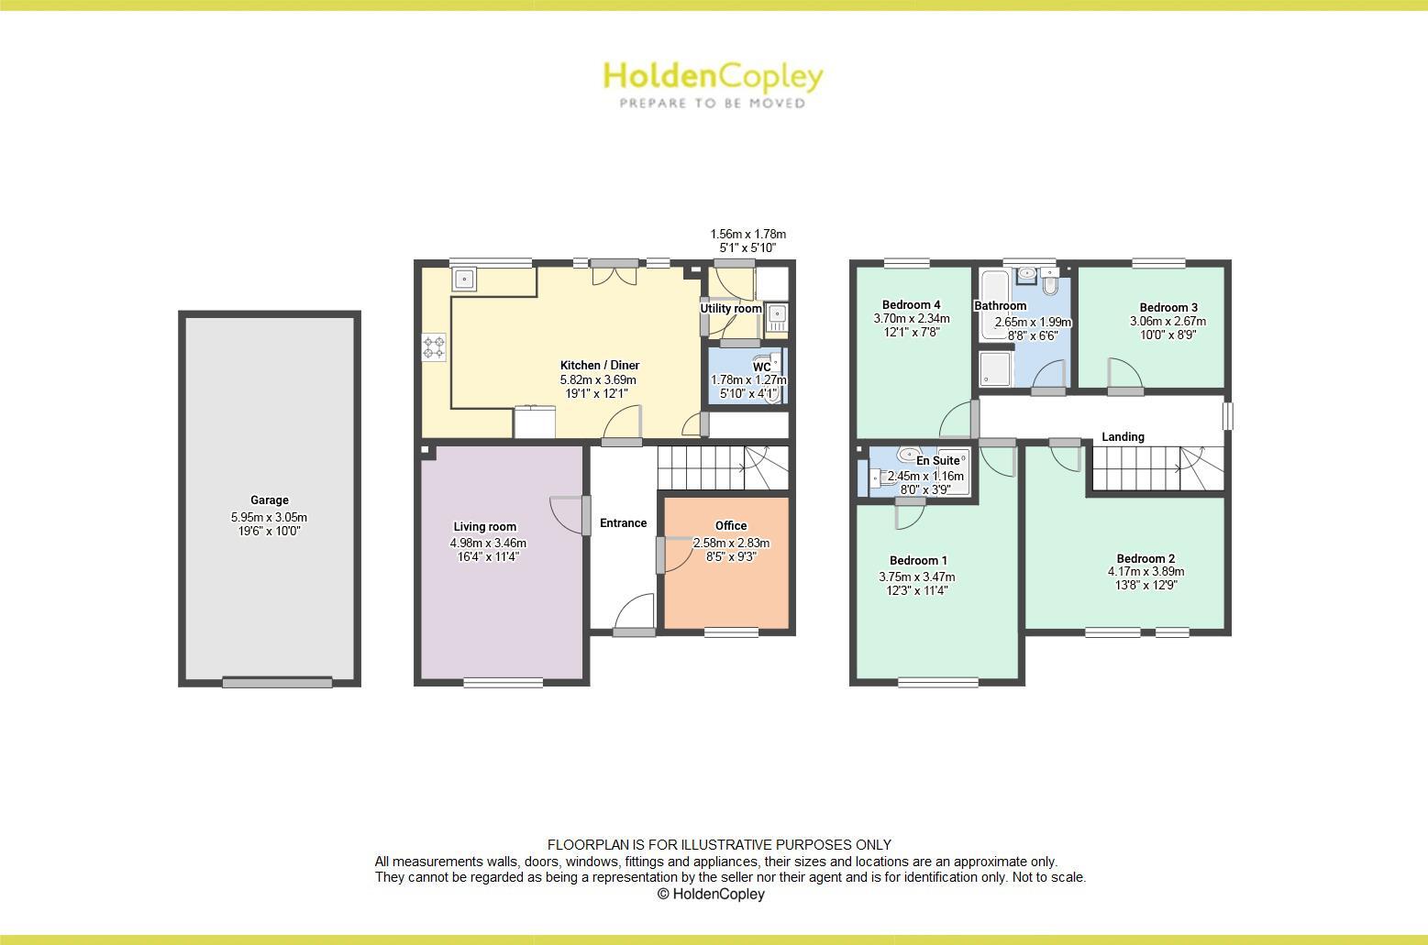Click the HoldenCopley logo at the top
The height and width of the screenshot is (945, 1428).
click(x=713, y=77)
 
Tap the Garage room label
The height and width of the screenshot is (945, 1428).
click(x=270, y=500)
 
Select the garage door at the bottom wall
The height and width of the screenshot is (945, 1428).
click(x=277, y=682)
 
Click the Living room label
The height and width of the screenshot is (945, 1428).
click(x=484, y=527)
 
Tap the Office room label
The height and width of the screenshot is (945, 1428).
click(x=731, y=526)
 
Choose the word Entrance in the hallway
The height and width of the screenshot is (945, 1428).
click(x=624, y=523)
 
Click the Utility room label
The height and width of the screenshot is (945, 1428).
click(x=731, y=309)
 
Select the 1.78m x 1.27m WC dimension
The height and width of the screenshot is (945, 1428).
click(x=748, y=380)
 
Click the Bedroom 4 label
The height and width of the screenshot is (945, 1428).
click(x=911, y=305)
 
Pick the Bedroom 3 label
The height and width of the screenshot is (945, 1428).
click(x=1168, y=308)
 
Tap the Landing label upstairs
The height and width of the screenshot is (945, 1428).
click(x=1123, y=437)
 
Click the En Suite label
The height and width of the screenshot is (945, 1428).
click(x=937, y=461)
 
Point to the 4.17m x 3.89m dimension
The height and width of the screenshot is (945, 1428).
click(x=1146, y=572)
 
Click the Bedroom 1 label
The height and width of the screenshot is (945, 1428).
click(x=918, y=561)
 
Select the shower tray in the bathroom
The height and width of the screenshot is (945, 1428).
click(x=996, y=368)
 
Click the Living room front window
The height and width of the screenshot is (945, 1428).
click(x=503, y=681)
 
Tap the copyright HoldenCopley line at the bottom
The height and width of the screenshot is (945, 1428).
click(x=711, y=895)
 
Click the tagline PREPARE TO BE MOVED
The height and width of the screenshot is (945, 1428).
click(x=713, y=104)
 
